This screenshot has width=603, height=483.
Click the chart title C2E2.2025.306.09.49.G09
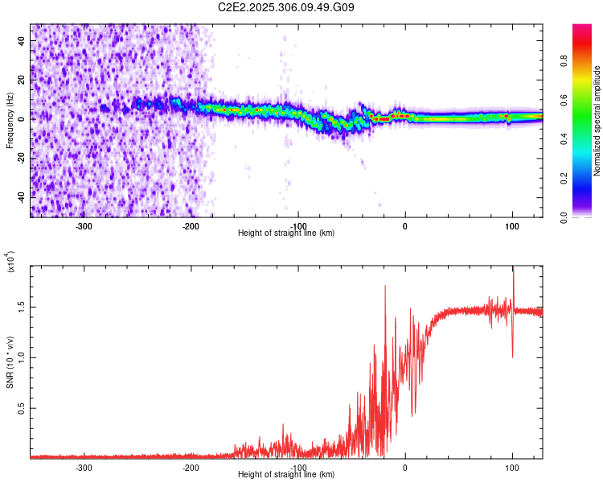286,7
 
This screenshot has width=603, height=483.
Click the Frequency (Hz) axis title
10,121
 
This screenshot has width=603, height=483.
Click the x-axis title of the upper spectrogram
286,233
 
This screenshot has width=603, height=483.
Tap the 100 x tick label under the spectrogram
512,226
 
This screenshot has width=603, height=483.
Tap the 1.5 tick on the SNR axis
22,307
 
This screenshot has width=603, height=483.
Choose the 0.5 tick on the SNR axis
22,408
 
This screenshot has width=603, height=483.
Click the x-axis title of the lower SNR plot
286,474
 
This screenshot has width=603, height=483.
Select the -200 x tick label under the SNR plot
191,468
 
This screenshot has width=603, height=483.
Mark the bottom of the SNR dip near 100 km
512,357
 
